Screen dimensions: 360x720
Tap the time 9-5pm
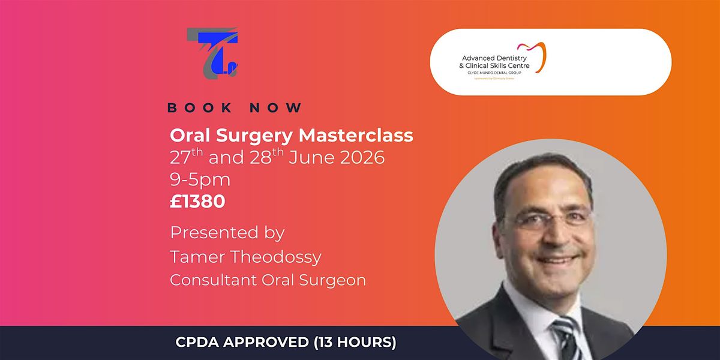click(x=200, y=179)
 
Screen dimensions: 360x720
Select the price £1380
click(x=197, y=202)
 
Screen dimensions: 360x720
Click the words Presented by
click(x=227, y=232)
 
